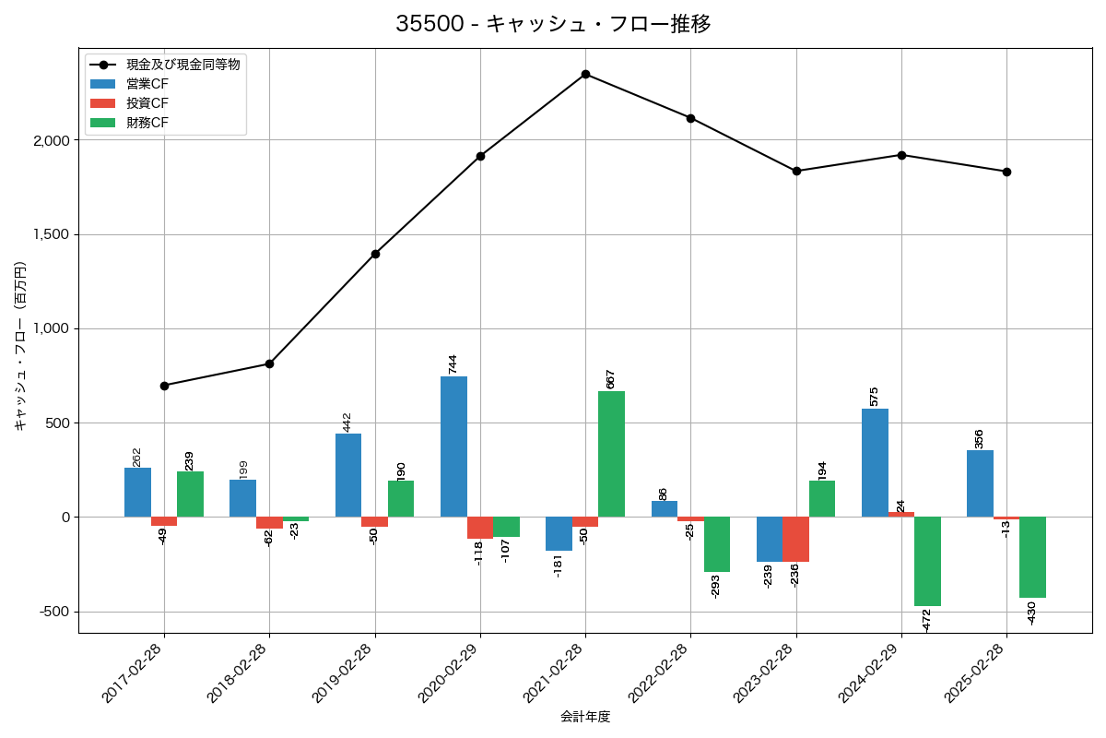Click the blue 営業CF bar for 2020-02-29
[453, 446]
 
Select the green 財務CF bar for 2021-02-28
[611, 454]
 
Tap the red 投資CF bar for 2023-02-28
[796, 539]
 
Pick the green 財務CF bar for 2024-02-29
[927, 561]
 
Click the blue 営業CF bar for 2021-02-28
[559, 533]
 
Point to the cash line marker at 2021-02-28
[585, 74]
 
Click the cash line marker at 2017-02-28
[164, 386]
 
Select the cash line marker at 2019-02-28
[375, 254]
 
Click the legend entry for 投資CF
[147, 103]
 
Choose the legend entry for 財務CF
[147, 123]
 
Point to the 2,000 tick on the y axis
[52, 140]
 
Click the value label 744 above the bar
[453, 363]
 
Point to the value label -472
[927, 620]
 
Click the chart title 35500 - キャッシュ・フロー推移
[553, 24]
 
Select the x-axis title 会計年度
[585, 717]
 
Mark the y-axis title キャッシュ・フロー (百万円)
[20, 346]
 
